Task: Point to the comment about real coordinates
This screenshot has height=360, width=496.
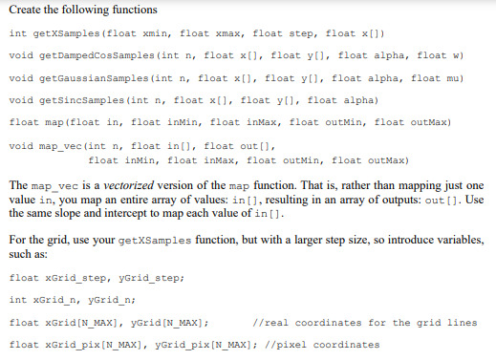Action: click(363, 322)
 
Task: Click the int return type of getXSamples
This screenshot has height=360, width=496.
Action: click(15, 32)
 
